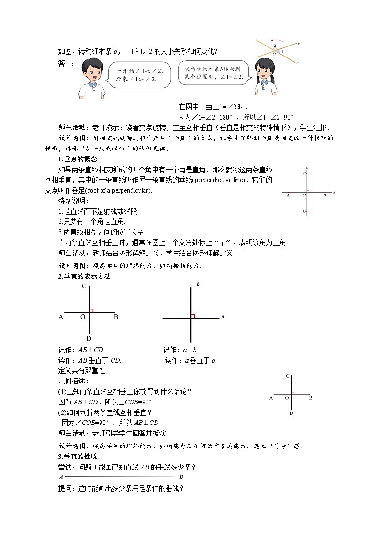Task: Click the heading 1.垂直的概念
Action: tap(78, 159)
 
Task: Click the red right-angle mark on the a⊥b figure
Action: tap(193, 315)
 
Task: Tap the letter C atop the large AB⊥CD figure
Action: tap(84, 286)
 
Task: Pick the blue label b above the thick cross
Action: tap(198, 285)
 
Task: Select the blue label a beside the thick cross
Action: tap(223, 317)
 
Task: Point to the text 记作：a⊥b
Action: tap(180, 350)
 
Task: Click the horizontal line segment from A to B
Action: tap(120, 477)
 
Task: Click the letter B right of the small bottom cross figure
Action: tap(311, 398)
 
